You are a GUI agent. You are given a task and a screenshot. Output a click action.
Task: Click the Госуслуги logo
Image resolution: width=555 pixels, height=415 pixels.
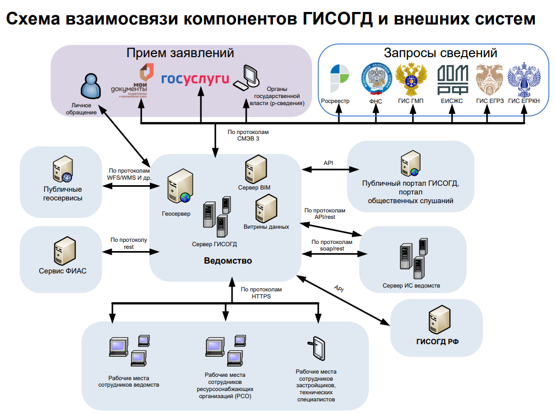195,79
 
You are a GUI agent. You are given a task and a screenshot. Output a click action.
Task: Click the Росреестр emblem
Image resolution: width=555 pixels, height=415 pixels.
341,79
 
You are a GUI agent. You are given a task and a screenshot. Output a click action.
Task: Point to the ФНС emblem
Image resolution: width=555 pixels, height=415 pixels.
376,79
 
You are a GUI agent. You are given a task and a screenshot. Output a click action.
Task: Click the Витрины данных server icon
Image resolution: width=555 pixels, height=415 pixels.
267,208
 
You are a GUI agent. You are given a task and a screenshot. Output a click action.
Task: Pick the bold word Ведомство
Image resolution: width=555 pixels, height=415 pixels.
228,261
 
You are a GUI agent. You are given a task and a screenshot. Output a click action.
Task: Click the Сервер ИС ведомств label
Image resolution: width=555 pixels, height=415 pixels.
411,285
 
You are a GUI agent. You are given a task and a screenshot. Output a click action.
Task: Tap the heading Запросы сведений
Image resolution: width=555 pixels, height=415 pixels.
440,53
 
